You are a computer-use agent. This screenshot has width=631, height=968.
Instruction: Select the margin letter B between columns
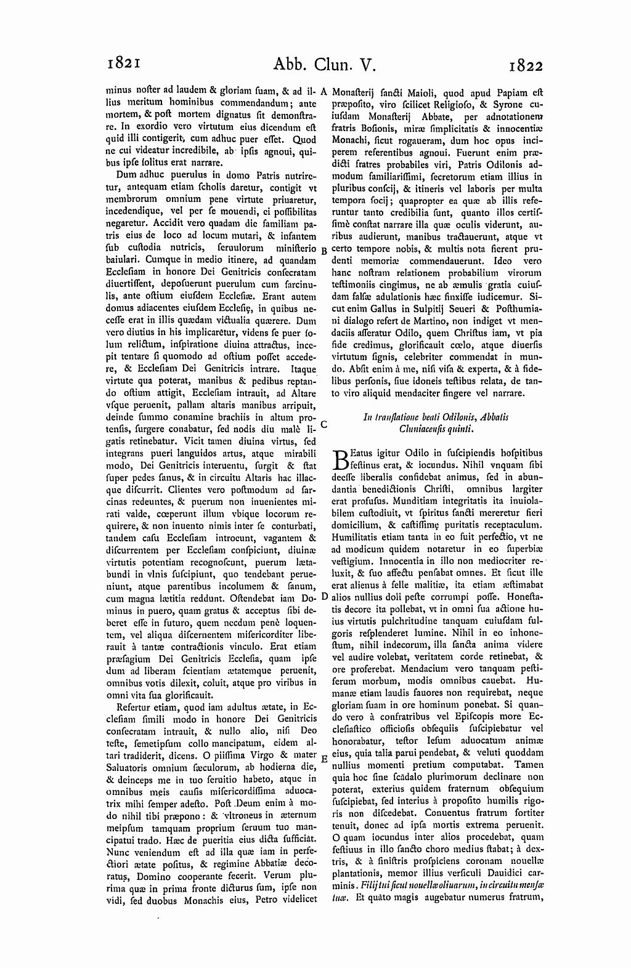click(x=324, y=251)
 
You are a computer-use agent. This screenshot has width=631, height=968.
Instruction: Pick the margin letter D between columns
click(x=324, y=597)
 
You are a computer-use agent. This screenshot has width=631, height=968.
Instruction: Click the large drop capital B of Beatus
click(x=340, y=460)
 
